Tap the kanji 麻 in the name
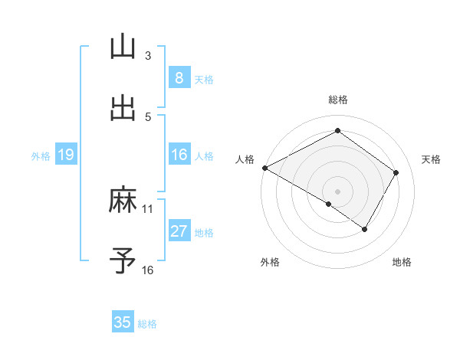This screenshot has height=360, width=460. point(123,200)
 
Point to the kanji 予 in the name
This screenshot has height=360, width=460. point(123,261)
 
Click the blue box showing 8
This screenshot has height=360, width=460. point(179,77)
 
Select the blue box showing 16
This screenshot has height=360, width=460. point(179,155)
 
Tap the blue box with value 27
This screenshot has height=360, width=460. point(179,231)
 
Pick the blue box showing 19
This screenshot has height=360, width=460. point(65,155)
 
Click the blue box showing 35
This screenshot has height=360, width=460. point(123,322)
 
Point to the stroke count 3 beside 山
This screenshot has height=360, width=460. point(148,55)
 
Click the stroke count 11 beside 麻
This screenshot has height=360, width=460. point(148,208)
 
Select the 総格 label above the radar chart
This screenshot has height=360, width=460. point(337,100)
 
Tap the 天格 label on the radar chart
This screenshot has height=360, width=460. point(431,159)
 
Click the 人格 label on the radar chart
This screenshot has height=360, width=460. point(245,159)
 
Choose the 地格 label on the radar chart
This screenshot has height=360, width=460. point(402,262)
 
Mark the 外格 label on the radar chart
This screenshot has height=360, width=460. point(270,262)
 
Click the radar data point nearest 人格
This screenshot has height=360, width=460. point(264,168)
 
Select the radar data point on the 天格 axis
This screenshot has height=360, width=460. point(396,172)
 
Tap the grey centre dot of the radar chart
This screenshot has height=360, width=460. point(337,191)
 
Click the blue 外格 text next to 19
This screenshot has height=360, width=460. point(41,155)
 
